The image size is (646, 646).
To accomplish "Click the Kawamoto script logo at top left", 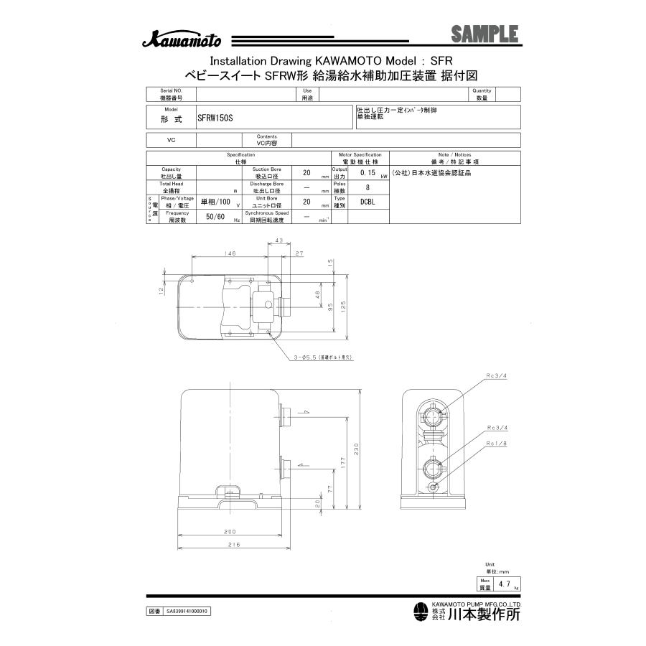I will point(181,40).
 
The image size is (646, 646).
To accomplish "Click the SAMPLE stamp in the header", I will point(484,34).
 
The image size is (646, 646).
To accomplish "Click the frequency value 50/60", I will point(216,217).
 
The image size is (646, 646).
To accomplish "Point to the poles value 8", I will point(368,188).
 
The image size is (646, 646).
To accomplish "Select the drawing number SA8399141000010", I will point(187,612).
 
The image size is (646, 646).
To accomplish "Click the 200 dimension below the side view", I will point(230,533).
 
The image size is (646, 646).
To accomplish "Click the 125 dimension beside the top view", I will point(344,307).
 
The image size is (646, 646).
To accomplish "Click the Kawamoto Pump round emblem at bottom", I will point(421,612).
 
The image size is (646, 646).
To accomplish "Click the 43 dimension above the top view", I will point(278,240).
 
